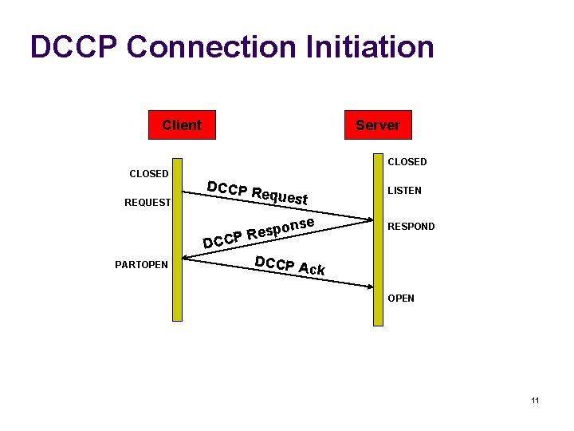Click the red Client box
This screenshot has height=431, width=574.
click(182, 125)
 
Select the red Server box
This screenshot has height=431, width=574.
click(377, 125)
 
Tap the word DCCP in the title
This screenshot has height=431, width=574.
click(73, 47)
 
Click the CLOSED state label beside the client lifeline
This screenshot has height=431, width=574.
click(149, 174)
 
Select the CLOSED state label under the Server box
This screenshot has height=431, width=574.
click(407, 162)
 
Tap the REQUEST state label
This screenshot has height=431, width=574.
click(147, 203)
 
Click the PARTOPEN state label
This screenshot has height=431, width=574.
click(141, 265)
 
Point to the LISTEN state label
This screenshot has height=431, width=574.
click(404, 192)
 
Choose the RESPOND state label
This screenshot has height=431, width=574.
click(411, 227)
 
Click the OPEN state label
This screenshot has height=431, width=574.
click(401, 299)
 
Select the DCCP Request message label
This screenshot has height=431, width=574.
click(257, 192)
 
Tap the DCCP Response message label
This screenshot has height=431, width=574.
click(259, 231)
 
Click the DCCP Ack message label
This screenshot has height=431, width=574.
click(289, 266)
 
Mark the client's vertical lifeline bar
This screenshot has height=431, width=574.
click(177, 239)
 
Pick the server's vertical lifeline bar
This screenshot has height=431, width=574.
click(378, 239)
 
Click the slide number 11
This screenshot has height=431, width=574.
click(535, 400)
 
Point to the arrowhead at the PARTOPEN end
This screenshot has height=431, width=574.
click(185, 257)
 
